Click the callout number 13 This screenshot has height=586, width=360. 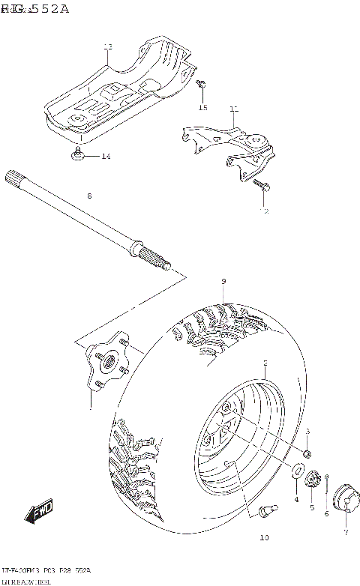coord(107,47)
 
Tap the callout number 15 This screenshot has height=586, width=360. coord(202,108)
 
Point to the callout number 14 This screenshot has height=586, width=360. coord(106,156)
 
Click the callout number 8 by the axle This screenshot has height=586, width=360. coord(88,196)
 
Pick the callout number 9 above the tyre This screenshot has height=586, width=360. coord(223,281)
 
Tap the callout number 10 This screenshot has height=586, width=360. coord(262,537)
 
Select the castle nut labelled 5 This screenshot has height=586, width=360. coord(313,477)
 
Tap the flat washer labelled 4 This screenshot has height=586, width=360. coord(297,471)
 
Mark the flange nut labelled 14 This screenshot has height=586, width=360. coord(78,154)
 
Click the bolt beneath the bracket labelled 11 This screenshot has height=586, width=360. coord(259,183)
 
